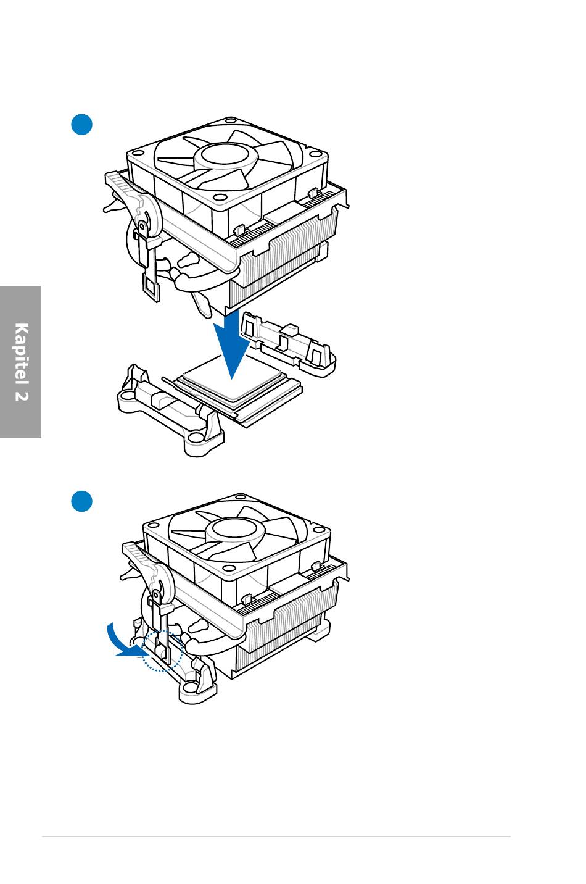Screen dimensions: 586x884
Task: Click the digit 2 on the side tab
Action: [22, 396]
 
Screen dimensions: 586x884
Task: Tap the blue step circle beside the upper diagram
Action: [81, 125]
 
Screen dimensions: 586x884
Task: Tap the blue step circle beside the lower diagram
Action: [81, 501]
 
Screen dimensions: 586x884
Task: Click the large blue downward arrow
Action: [232, 344]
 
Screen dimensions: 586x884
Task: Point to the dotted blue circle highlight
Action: [162, 651]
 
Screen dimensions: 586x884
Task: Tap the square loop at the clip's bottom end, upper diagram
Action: [151, 285]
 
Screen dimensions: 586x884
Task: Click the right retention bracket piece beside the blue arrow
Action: [288, 343]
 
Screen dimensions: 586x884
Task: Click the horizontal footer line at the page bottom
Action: [276, 836]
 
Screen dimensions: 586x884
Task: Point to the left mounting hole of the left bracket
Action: [126, 395]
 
